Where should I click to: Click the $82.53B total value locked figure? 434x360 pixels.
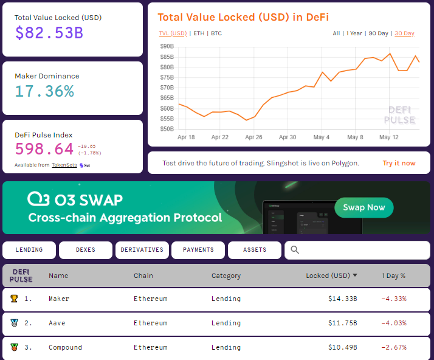pos(49,32)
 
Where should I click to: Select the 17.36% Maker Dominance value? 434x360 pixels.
pos(44,91)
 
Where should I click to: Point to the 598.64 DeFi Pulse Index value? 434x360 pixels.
pos(44,149)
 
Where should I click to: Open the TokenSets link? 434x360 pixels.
pos(64,165)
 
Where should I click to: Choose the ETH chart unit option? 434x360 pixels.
pos(199,33)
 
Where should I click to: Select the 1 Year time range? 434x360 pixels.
pos(354,33)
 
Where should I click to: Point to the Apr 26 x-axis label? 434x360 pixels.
pos(253,137)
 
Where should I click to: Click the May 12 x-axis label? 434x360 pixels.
pos(388,137)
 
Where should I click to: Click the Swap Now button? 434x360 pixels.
pos(363,207)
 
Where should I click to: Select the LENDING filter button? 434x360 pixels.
pos(29,250)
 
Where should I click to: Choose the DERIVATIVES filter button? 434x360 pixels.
pos(142,250)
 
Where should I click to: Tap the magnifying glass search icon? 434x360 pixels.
pos(295,250)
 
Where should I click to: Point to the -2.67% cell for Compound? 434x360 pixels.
pos(393,347)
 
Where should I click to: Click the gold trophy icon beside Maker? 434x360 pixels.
pos(14,299)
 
